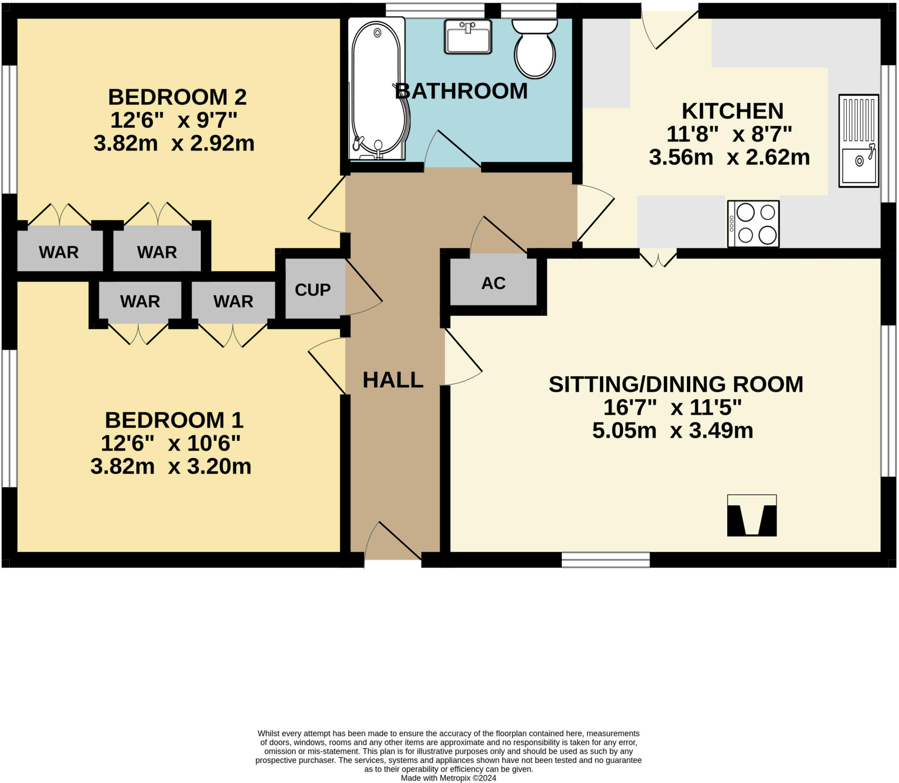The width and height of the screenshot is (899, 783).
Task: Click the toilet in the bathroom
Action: coord(534,49)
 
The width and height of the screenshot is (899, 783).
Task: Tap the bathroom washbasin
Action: coord(468,37)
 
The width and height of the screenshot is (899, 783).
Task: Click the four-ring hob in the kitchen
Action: coord(753,224)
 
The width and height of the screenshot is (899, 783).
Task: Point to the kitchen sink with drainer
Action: coord(859,141)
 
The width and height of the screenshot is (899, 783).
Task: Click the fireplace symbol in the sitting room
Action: coord(752,515)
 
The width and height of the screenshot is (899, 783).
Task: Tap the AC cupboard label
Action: coord(493,284)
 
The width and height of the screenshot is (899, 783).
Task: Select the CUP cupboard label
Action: coord(313,290)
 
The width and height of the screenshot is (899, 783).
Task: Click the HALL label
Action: coord(393,380)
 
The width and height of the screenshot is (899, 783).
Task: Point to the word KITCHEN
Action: coord(732,111)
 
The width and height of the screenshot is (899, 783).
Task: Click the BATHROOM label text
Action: coord(461,91)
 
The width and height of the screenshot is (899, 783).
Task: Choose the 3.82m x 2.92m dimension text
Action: coord(174,144)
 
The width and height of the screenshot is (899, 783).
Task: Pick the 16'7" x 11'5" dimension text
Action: coord(672,407)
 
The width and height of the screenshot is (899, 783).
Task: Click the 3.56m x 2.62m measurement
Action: coord(729,157)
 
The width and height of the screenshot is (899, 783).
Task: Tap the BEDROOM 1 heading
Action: coord(174,420)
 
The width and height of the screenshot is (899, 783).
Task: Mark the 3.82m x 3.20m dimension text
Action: coord(171,466)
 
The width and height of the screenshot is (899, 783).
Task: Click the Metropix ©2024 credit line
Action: coord(449,778)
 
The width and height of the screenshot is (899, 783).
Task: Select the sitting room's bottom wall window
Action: coord(605,560)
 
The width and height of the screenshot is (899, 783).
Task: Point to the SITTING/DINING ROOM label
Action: coord(676,384)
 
